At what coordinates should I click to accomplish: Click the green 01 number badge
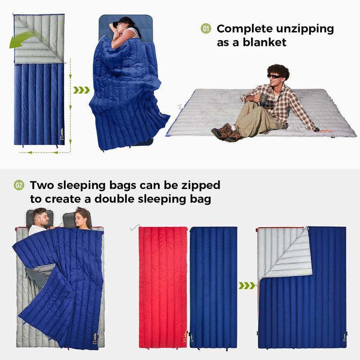point(206,29)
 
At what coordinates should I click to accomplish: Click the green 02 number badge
point(19,185)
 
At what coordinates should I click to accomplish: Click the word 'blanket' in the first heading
point(264,42)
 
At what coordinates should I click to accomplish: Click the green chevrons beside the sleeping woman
point(81,90)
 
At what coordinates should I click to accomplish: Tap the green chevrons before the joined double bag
point(247,285)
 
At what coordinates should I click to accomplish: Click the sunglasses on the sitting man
point(274,76)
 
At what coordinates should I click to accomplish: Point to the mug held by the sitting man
point(264,100)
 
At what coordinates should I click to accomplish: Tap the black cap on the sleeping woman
point(121,22)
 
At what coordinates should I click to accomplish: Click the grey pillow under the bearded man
point(33,218)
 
